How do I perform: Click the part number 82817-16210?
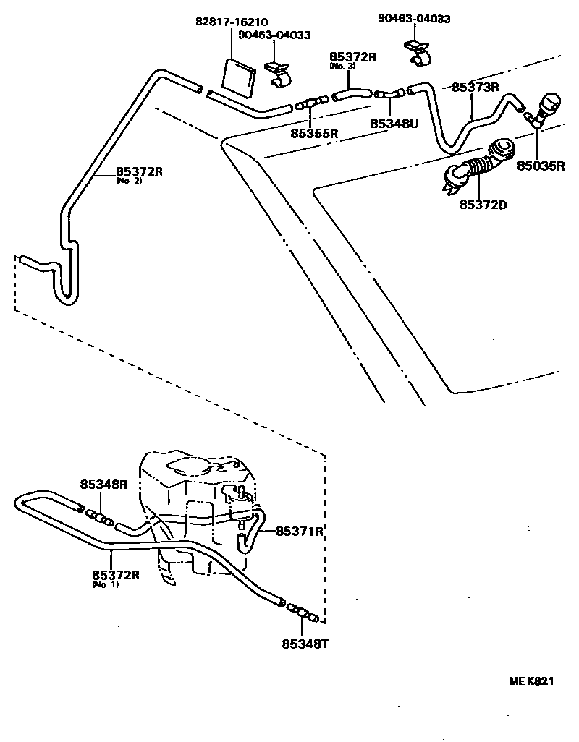coord(234,22)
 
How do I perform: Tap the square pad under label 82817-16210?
coord(238,76)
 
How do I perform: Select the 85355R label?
coord(315,133)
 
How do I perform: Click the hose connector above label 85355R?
coord(312,103)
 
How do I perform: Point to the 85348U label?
coord(394,124)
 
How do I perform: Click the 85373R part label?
coord(476,87)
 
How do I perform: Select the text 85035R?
coord(540,165)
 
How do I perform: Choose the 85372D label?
coord(483,205)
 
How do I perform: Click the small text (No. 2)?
coord(129,181)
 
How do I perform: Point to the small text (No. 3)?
coord(342,66)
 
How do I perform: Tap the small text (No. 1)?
coord(105,584)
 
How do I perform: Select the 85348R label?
coord(103,485)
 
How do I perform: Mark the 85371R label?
coord(299,531)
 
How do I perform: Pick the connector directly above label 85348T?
coord(302,613)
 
